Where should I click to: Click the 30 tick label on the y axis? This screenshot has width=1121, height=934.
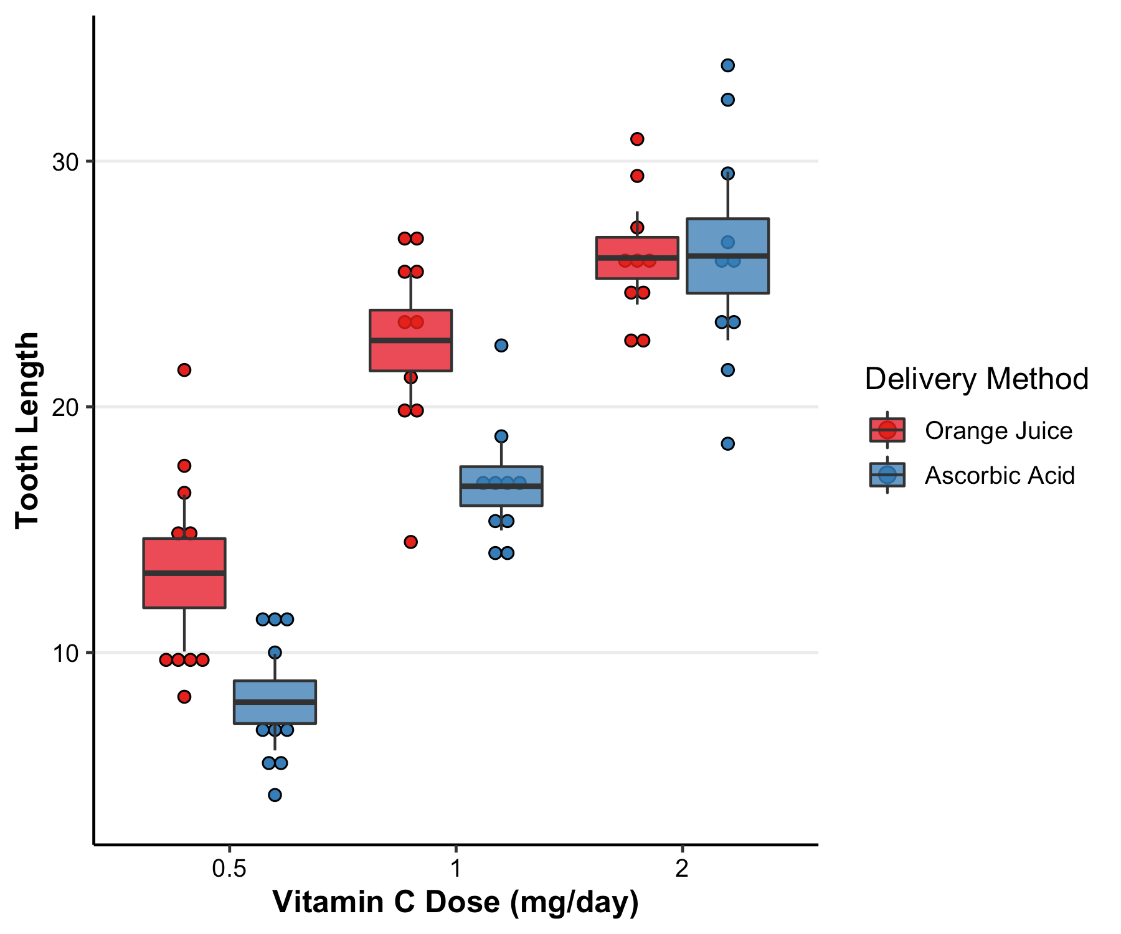coord(65,162)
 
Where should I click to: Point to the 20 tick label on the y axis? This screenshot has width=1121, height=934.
coord(65,407)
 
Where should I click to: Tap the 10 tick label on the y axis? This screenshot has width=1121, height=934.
coord(65,653)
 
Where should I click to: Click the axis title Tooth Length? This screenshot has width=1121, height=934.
coord(27,430)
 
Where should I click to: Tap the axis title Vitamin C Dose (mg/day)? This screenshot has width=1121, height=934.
coord(455,902)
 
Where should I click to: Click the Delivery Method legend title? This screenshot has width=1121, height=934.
coord(976,379)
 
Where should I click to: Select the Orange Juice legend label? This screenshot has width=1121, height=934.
coord(998,431)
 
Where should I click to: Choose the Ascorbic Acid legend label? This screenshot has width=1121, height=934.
coord(1000,476)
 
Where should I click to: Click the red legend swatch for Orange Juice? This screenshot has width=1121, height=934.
coord(887,430)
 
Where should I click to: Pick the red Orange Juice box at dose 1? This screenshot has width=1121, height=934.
coord(410,355)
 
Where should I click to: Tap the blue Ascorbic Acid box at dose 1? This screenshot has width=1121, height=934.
coord(501,495)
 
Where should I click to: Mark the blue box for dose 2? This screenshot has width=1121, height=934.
coord(727,274)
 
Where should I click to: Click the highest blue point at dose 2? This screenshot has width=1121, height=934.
coord(727,65)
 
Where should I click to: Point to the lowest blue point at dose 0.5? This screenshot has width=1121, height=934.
coord(275,795)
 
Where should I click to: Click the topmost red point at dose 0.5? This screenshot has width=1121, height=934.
coord(184,370)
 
